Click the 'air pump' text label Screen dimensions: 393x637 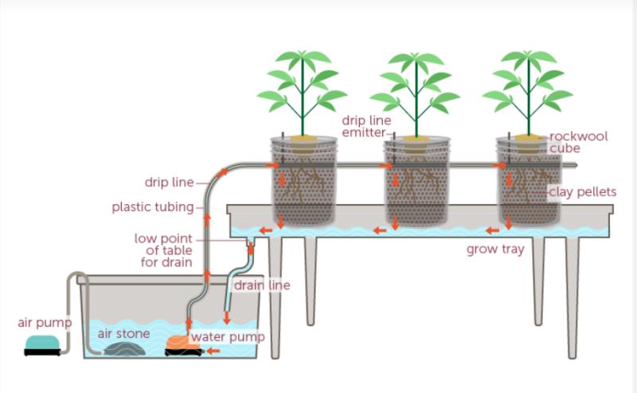coord(45,323)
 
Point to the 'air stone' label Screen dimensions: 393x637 coord(123,333)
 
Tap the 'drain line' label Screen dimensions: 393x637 coord(262,285)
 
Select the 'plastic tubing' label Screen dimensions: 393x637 coord(152,208)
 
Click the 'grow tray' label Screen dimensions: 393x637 coord(495,250)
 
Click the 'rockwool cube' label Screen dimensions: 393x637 coord(579,142)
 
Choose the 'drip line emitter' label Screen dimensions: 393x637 coord(364,126)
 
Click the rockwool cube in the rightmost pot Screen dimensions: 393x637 coord(527,141)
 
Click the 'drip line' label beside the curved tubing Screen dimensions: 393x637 coord(169,183)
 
